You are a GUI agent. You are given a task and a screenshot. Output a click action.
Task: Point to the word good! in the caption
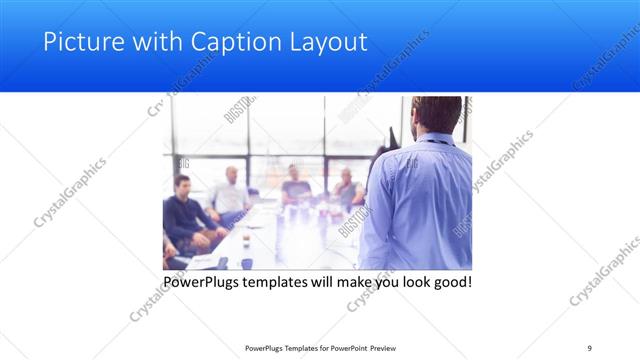click(450, 283)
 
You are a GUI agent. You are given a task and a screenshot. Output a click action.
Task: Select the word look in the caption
click(407, 283)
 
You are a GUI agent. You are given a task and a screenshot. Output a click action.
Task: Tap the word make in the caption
click(369, 283)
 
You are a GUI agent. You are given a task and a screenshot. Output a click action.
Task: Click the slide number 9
click(589, 348)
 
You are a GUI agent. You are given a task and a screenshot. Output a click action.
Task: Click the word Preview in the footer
click(385, 348)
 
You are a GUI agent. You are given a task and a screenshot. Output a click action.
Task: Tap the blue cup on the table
click(246, 263)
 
